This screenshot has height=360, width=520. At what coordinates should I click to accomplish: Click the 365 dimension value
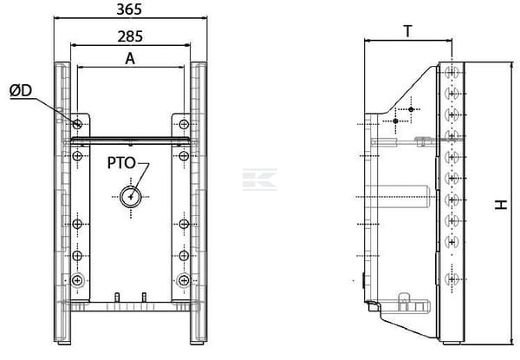[x=129, y=10]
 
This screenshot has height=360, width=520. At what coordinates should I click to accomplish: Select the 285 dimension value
[x=130, y=36]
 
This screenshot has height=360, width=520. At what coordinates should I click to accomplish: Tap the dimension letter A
[x=130, y=59]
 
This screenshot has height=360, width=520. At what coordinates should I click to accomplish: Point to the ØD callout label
[x=21, y=90]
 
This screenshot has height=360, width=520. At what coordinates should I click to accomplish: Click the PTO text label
[x=121, y=163]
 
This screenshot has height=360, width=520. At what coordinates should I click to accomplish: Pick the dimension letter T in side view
[x=408, y=31]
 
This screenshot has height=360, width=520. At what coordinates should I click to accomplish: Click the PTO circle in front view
[x=131, y=197]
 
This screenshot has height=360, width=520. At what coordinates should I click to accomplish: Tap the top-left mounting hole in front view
[x=77, y=124]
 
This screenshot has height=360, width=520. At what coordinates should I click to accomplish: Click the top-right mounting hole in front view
[x=184, y=124]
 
